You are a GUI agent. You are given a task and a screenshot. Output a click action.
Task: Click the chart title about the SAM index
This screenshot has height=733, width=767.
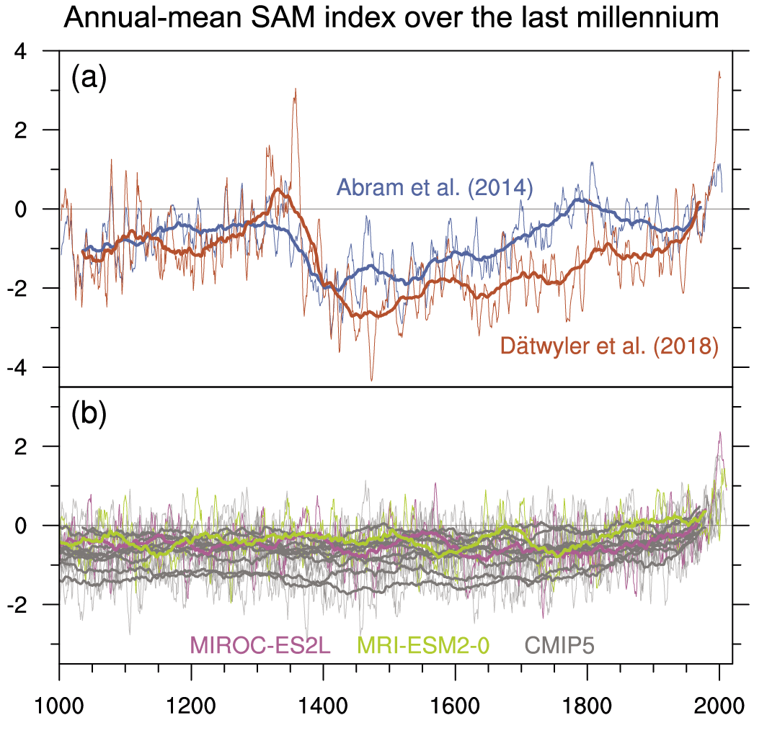pyautogui.click(x=391, y=17)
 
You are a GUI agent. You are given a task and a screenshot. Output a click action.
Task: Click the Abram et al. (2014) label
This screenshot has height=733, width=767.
pyautogui.click(x=434, y=189)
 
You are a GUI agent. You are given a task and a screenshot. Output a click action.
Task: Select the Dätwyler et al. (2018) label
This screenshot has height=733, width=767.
pyautogui.click(x=609, y=347)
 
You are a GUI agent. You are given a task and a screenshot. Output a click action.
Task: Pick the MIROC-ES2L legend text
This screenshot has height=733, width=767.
pyautogui.click(x=260, y=644)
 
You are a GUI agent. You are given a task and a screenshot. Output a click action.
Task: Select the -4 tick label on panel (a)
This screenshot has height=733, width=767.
pyautogui.click(x=30, y=368)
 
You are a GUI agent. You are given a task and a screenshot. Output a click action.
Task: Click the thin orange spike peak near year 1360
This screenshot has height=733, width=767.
pyautogui.click(x=295, y=89)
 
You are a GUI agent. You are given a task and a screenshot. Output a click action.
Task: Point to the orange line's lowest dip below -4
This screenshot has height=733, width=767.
pyautogui.click(x=372, y=379)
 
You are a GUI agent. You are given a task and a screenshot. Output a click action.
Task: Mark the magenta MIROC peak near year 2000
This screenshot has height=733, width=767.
pyautogui.click(x=719, y=433)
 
